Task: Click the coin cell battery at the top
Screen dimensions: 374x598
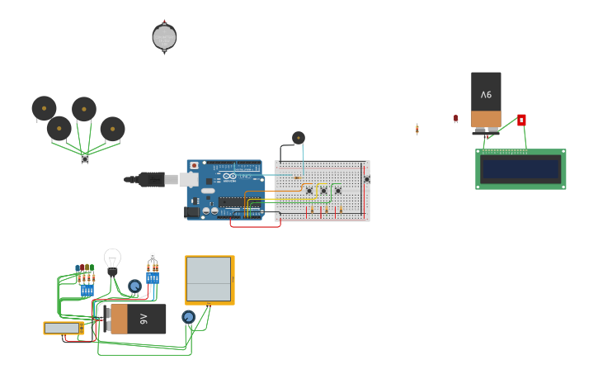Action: coord(164,37)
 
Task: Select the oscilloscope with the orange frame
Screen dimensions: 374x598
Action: coord(210,280)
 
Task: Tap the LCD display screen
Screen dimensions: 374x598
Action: coord(520,169)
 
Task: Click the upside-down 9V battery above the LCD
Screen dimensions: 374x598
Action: coord(486,100)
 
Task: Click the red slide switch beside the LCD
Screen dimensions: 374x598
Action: coord(521,120)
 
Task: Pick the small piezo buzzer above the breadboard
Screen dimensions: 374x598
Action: coord(299,138)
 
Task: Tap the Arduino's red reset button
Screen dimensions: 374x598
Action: coord(195,166)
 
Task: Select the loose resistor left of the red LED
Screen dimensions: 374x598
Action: coord(417,129)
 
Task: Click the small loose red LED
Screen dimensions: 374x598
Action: coord(455,119)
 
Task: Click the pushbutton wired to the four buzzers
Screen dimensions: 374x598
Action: coord(85,159)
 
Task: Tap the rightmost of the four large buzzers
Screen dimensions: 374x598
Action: coord(112,129)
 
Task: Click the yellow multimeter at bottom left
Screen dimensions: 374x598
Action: coord(64,328)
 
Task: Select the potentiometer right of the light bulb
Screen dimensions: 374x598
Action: coord(134,286)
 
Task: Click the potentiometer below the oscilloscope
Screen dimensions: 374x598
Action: coord(188,317)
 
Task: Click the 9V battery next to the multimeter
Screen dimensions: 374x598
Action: coord(136,319)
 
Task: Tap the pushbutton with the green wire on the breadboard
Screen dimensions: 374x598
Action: coord(337,190)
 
